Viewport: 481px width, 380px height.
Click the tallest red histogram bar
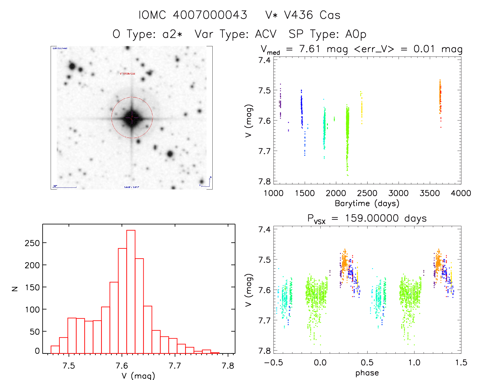click(131, 291)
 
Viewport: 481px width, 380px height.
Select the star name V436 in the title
click(298, 15)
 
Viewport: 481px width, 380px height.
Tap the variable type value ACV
click(266, 34)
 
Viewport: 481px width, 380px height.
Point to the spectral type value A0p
click(356, 34)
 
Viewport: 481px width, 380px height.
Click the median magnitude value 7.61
click(310, 49)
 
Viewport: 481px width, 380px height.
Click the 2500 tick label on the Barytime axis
click(367, 193)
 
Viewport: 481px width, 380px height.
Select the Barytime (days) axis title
click(367, 203)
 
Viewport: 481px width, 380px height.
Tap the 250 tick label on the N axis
click(32, 243)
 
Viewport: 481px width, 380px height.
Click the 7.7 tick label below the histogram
click(175, 366)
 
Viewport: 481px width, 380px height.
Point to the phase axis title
click(367, 373)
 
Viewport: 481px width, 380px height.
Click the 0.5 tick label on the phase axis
click(367, 362)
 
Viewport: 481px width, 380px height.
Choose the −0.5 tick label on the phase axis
click(273, 362)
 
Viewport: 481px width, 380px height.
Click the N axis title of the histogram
click(15, 288)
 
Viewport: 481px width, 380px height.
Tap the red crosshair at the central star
click(132, 118)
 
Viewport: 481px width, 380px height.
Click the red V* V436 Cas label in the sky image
click(128, 74)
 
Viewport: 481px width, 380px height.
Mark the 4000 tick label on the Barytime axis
click(461, 193)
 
